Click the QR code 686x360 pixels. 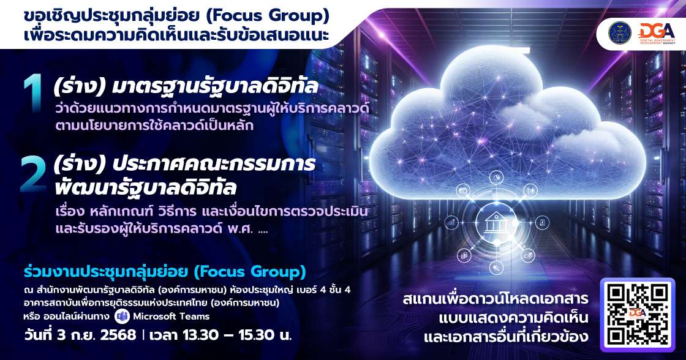[641, 314]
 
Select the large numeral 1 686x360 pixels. [32, 97]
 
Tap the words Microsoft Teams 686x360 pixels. [171, 317]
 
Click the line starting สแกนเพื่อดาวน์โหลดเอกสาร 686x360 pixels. [496, 300]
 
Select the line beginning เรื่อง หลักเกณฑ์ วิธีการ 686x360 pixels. [214, 212]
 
